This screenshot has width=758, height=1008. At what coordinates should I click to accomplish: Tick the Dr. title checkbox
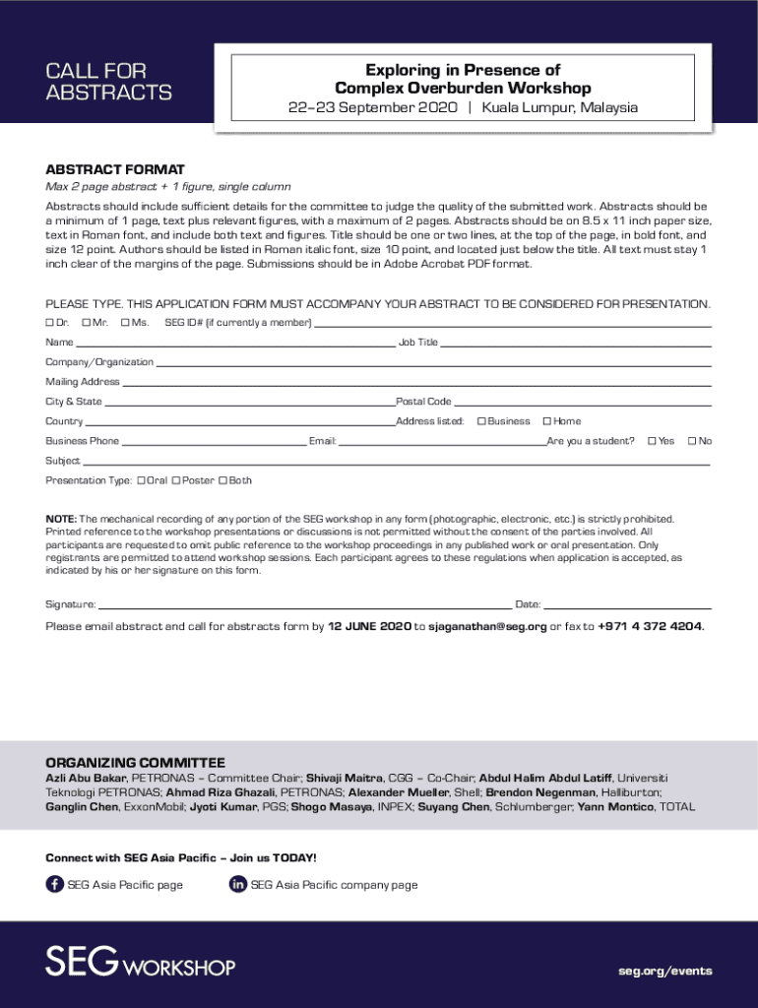pos(49,323)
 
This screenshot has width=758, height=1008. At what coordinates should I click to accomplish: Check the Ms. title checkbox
pos(125,323)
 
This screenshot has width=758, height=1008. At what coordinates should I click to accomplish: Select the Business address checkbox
pos(481,421)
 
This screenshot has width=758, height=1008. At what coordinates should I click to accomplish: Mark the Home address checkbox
pos(546,421)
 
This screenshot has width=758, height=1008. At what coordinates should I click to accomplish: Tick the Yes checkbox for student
pos(651,441)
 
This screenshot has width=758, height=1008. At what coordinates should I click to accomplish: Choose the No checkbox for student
pos(691,441)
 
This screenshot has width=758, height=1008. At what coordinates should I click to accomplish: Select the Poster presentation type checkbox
pos(175,480)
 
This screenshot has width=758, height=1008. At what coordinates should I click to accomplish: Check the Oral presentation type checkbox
pos(142,480)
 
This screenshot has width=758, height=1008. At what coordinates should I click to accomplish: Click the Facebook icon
pos(55,884)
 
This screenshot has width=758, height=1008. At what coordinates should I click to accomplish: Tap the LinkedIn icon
pos(237,884)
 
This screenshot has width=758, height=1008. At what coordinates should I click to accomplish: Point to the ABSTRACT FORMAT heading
pos(115,169)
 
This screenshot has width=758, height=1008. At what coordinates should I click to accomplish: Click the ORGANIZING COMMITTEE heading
pos(135,763)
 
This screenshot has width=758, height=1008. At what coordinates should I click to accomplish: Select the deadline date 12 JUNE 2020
pos(369,626)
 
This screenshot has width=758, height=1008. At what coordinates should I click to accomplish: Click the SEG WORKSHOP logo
pos(140,962)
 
